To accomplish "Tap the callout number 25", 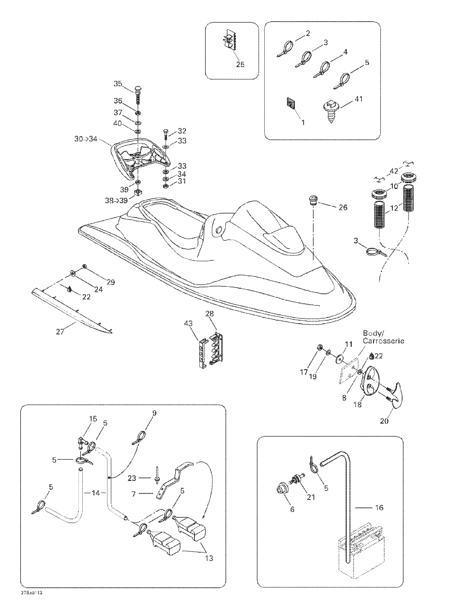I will click(x=240, y=64).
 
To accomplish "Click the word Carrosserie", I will click(x=383, y=341).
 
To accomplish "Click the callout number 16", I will click(x=379, y=508).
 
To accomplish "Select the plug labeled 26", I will click(x=313, y=201).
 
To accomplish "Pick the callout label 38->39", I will click(x=116, y=201).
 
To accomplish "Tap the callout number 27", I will click(x=60, y=332).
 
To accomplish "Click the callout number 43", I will click(x=188, y=324).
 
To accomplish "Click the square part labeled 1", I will click(x=290, y=105).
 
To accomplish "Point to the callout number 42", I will click(x=394, y=171).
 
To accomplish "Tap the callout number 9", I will click(x=154, y=413).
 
